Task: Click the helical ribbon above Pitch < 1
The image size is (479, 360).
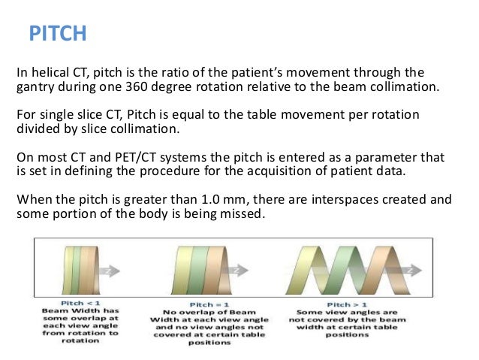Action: [71, 269]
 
